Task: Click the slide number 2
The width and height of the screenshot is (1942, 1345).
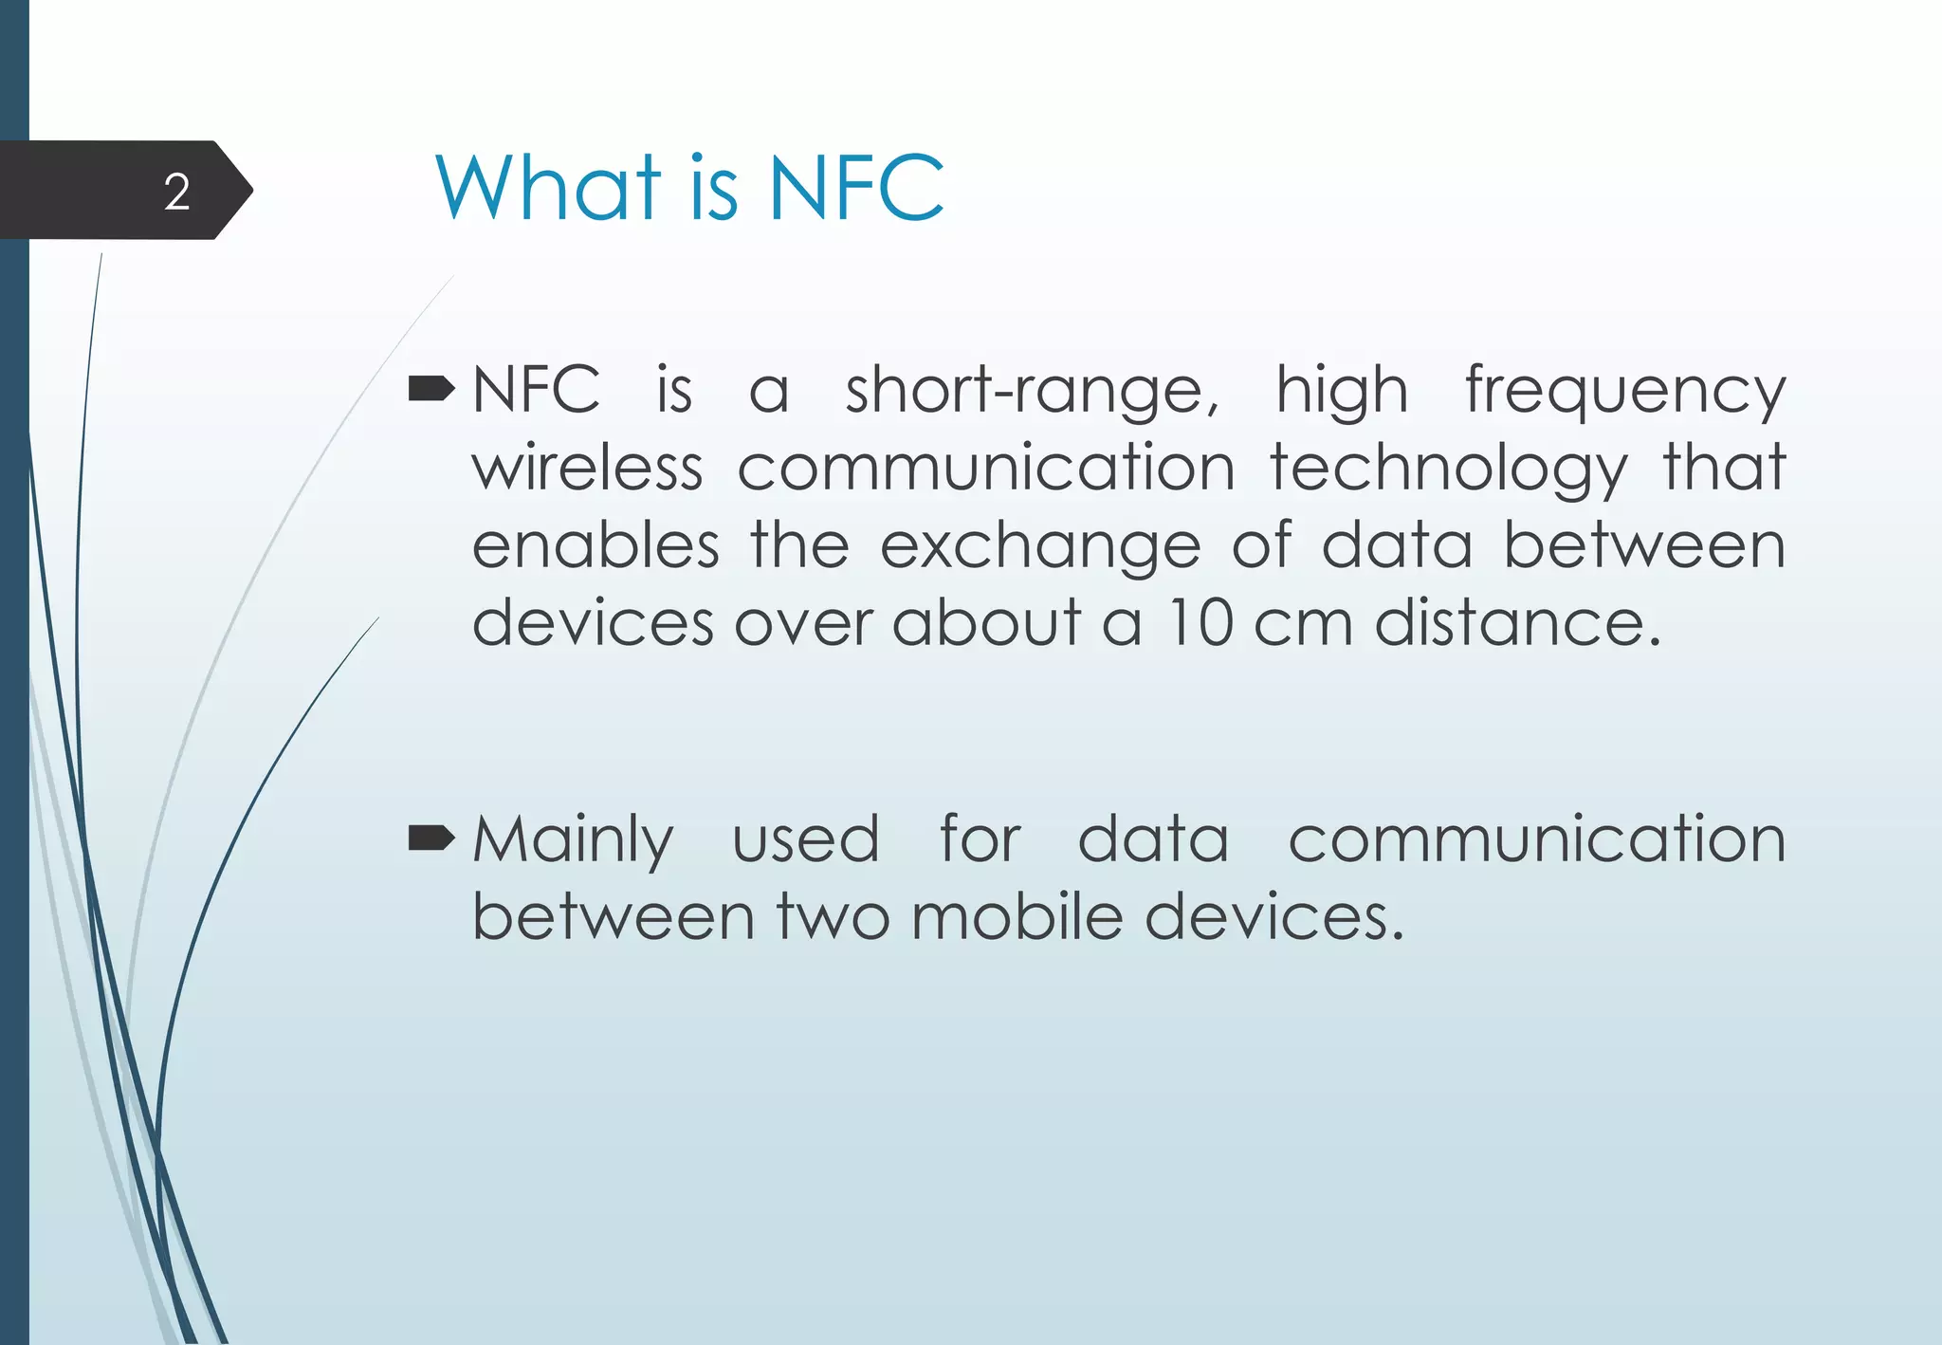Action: (x=177, y=193)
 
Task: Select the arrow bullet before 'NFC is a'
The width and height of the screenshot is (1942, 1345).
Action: (x=431, y=388)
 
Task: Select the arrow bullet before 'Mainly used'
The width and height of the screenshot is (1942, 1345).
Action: (x=431, y=838)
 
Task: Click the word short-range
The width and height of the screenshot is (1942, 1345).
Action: (x=1032, y=390)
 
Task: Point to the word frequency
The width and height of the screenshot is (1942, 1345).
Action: (x=1625, y=392)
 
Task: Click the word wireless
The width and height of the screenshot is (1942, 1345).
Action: (x=588, y=468)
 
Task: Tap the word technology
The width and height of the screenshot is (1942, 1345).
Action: (x=1449, y=470)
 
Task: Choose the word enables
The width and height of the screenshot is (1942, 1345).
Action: (x=595, y=545)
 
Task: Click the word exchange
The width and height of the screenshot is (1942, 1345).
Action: (x=1040, y=547)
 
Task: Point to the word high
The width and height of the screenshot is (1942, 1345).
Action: (x=1342, y=392)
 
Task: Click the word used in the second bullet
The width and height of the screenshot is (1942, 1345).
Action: (x=806, y=839)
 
